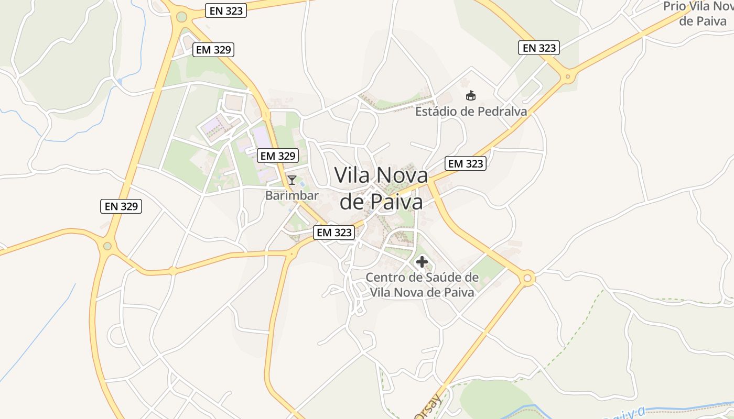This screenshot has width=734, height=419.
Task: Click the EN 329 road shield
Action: tap(121, 206)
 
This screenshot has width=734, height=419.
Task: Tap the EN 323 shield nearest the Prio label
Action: tap(539, 48)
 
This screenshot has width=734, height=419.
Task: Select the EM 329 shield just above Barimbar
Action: tap(278, 156)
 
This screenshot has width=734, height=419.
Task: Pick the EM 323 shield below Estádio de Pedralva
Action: tap(466, 163)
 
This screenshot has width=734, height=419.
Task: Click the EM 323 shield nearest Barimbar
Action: tap(333, 233)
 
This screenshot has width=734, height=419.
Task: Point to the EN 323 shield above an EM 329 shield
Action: tap(226, 10)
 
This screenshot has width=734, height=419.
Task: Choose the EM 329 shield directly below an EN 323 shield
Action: tap(213, 50)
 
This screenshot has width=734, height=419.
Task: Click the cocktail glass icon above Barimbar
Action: tap(292, 181)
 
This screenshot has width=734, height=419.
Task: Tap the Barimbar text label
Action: tap(292, 196)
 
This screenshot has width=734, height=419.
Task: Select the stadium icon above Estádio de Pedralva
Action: tap(471, 96)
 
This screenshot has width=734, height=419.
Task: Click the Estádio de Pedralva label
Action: tap(471, 112)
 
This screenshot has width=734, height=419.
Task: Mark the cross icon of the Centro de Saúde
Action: tap(422, 262)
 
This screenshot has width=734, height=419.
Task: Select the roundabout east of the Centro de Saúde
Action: tap(528, 278)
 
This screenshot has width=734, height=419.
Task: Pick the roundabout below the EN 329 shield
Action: tap(107, 246)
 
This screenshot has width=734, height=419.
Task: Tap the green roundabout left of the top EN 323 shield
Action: tap(181, 17)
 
